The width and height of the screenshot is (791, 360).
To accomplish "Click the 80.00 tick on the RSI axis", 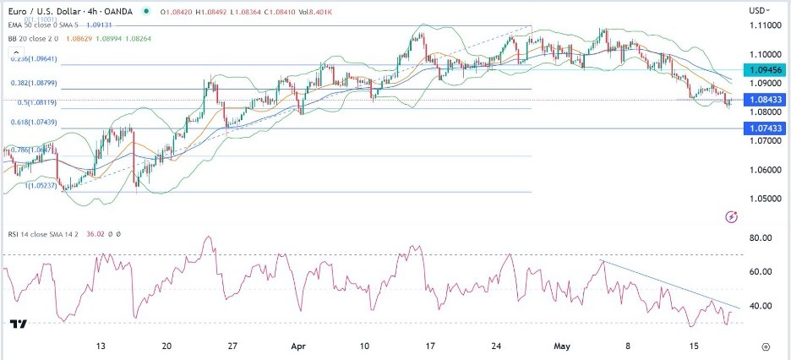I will pos(761,238).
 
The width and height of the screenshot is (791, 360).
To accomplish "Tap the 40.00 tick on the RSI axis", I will pos(761,306).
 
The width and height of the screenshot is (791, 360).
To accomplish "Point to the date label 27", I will pos(232,346).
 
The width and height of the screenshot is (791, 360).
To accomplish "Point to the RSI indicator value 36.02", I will pos(99,234).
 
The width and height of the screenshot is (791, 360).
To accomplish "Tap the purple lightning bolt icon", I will pos(732,217).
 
